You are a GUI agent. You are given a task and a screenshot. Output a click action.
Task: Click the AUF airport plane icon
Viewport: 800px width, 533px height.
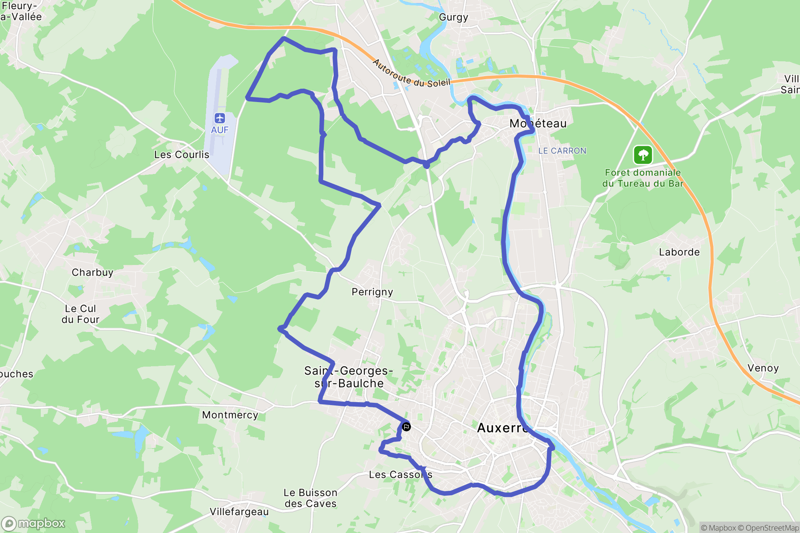point(220,118)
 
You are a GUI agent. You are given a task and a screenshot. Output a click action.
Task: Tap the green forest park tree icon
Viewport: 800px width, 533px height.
point(643,155)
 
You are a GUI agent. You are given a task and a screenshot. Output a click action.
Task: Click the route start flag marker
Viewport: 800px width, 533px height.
point(406,427)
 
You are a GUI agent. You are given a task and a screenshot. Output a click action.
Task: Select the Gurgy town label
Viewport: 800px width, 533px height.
point(453,17)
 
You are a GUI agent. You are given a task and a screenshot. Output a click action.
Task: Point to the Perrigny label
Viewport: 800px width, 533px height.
point(372,292)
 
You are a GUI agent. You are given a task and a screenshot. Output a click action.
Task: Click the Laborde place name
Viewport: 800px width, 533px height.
point(679,252)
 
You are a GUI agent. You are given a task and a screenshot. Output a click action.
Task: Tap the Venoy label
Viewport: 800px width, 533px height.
point(763,368)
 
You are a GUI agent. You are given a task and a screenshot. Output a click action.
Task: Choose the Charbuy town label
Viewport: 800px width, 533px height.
point(93,273)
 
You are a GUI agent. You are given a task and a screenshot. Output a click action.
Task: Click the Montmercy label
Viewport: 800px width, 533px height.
point(230,415)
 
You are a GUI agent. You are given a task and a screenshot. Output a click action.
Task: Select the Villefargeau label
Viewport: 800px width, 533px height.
point(239,512)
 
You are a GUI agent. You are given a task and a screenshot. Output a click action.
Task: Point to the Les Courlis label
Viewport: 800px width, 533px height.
point(182,155)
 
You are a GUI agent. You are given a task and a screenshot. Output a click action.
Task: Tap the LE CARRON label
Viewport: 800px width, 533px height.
point(562,151)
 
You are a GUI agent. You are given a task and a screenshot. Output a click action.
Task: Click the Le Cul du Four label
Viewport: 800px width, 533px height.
point(80,314)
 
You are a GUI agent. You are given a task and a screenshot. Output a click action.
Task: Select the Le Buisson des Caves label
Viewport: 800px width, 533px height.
point(310,498)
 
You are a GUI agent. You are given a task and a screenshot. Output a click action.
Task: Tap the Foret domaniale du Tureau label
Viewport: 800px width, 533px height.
point(643,178)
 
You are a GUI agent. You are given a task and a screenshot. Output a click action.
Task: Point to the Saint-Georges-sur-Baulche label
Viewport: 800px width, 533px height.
point(349,377)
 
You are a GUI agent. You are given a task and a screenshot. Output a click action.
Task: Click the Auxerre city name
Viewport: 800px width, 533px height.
point(502,428)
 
